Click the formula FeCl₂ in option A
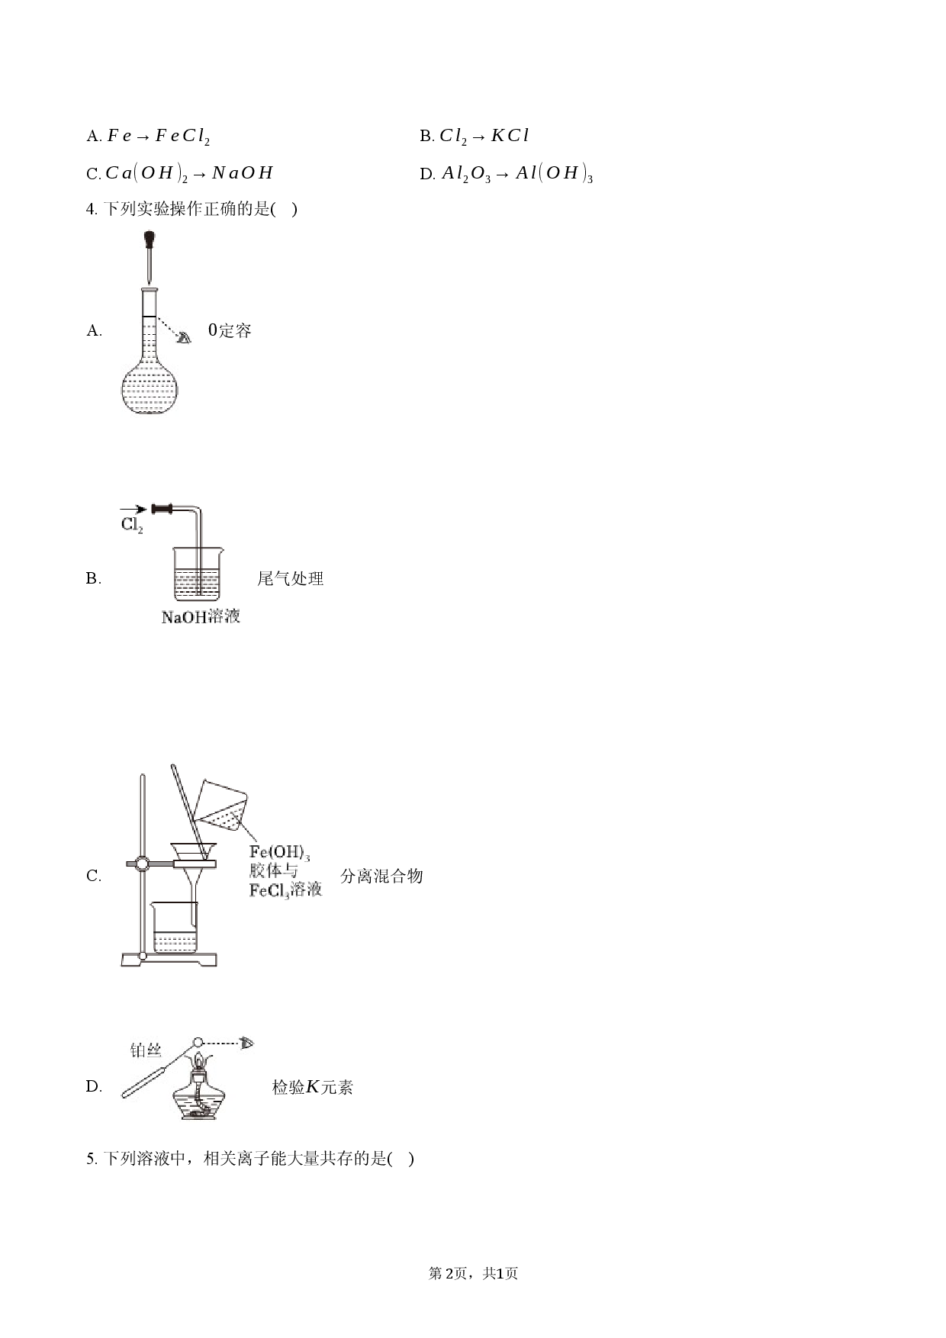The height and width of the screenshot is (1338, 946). (182, 137)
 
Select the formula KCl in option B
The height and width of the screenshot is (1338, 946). (510, 136)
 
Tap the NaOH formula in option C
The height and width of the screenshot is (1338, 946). (242, 173)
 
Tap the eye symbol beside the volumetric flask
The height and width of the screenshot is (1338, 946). (184, 337)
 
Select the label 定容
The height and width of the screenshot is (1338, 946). (235, 330)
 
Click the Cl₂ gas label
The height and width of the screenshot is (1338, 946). (132, 525)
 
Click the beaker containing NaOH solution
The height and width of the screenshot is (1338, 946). (198, 574)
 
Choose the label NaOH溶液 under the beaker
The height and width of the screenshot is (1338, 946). (201, 616)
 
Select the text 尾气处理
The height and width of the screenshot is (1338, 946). (290, 578)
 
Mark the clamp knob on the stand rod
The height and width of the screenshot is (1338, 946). (142, 864)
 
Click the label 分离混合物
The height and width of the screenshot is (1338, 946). (381, 876)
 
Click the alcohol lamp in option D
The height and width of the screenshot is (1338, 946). (200, 1088)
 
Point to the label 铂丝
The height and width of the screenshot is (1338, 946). (146, 1050)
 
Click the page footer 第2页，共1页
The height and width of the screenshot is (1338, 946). (473, 1273)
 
